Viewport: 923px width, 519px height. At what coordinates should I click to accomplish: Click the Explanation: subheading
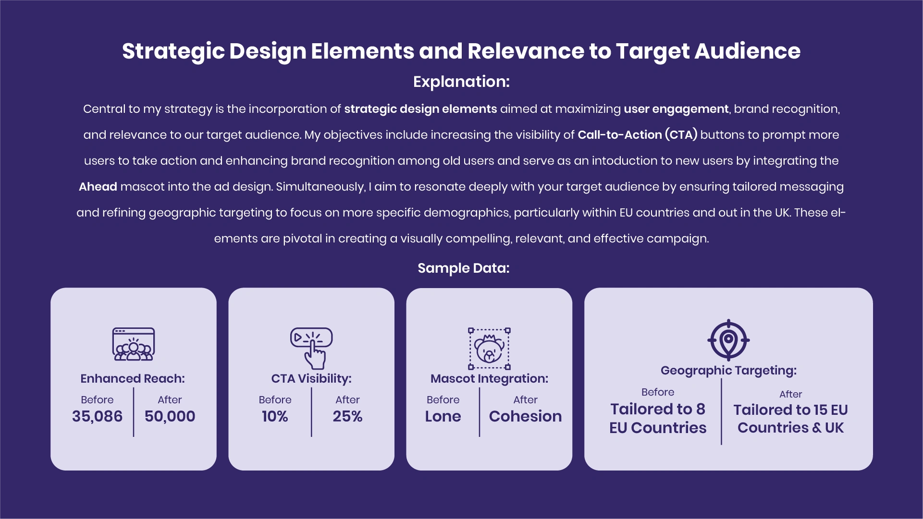461,82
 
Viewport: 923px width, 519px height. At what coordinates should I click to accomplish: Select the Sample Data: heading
463,268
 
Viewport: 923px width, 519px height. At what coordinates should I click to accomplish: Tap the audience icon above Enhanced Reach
134,344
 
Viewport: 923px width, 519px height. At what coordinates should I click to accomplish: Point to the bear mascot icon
489,349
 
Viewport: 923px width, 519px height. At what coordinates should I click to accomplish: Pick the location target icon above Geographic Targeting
728,340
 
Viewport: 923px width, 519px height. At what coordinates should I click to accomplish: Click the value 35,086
97,416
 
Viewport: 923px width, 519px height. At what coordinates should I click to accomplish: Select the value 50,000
170,416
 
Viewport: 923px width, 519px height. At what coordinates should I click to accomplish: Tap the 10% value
275,416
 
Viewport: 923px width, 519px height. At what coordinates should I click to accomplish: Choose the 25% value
347,416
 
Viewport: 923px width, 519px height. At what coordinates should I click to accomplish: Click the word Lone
443,416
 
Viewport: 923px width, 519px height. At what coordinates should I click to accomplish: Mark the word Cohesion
525,416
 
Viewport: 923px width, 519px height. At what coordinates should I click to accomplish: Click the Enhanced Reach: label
133,378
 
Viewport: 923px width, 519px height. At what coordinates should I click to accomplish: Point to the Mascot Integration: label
489,379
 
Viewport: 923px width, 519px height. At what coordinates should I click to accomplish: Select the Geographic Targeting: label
728,371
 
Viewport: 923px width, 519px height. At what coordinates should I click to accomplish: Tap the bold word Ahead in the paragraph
98,187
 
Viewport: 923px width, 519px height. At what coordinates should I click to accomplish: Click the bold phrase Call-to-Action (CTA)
637,135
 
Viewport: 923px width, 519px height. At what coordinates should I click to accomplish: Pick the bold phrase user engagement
676,109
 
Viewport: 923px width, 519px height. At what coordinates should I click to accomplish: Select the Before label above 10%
275,399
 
